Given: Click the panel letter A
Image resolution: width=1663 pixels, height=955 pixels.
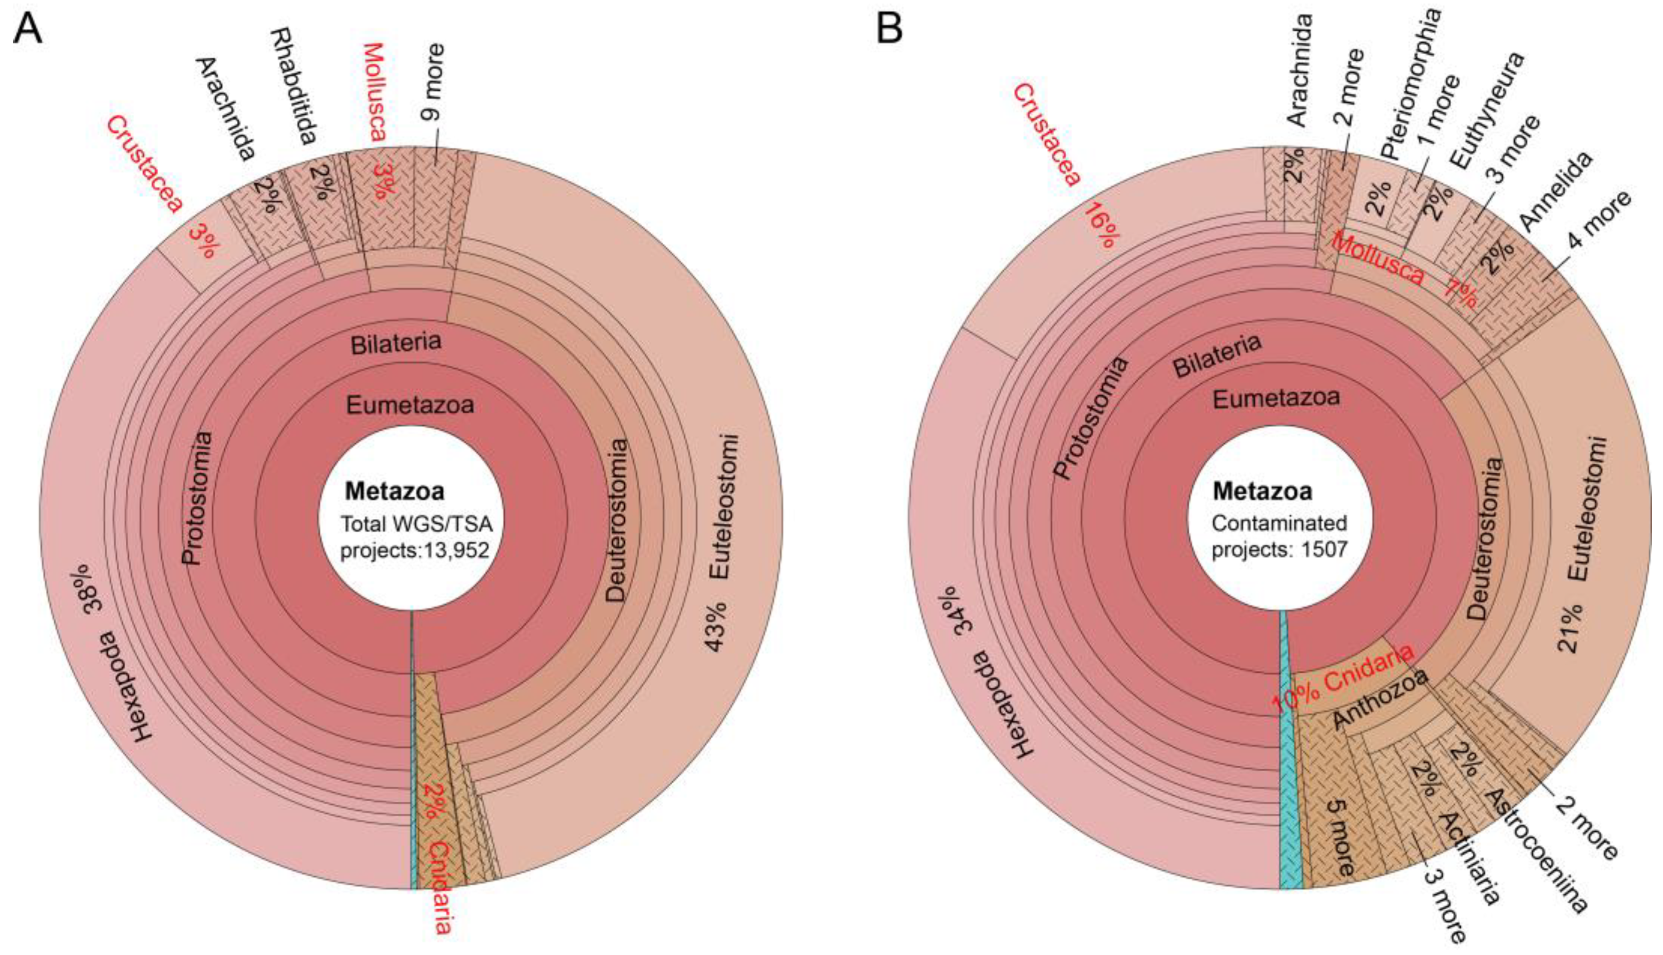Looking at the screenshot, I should click(28, 29).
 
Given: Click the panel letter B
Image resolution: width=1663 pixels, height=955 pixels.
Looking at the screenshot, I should click(890, 29).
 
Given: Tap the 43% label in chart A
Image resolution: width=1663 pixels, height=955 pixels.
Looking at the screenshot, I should click(716, 626).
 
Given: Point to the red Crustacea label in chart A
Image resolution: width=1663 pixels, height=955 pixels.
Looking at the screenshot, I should click(145, 165).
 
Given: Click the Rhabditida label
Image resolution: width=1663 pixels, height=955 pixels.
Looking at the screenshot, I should click(294, 85).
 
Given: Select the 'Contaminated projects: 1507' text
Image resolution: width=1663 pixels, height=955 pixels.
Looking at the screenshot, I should click(1279, 536).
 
